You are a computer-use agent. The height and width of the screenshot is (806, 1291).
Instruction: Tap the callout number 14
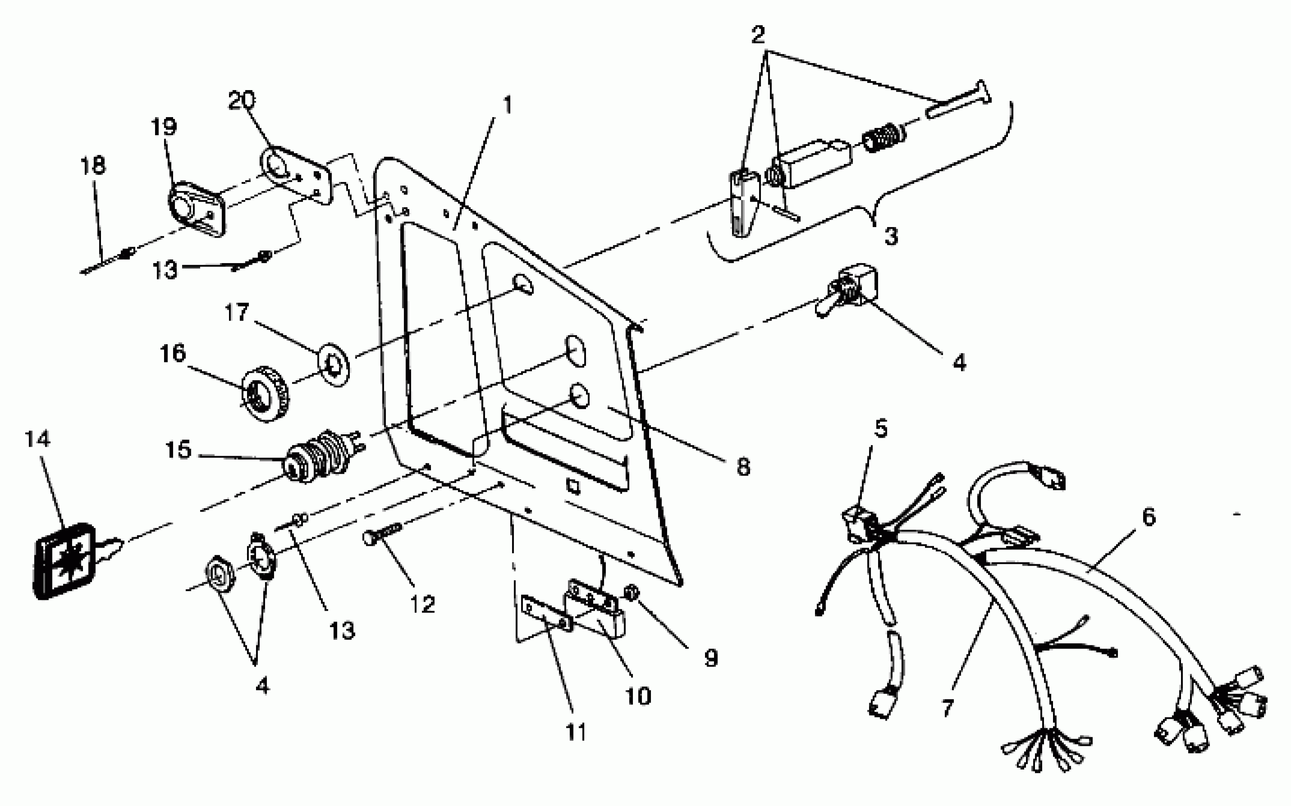click(38, 439)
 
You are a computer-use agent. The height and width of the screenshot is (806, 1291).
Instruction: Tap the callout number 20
click(241, 100)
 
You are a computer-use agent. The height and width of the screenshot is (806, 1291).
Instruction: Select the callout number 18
click(93, 166)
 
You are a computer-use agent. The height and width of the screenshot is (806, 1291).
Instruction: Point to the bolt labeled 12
click(382, 533)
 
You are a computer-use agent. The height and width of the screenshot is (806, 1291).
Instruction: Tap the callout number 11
click(576, 732)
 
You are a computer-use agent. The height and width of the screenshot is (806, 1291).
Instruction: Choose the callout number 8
click(743, 467)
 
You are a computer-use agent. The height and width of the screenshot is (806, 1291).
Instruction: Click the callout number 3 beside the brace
click(891, 236)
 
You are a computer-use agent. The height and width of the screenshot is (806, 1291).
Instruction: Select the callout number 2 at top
click(758, 35)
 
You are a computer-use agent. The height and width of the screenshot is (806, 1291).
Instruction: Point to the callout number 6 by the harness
click(1149, 516)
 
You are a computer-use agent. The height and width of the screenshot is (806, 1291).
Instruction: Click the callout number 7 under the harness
click(947, 708)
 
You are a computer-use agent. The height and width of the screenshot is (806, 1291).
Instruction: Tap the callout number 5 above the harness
click(881, 429)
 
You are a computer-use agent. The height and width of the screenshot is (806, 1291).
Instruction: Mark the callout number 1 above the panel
click(507, 105)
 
